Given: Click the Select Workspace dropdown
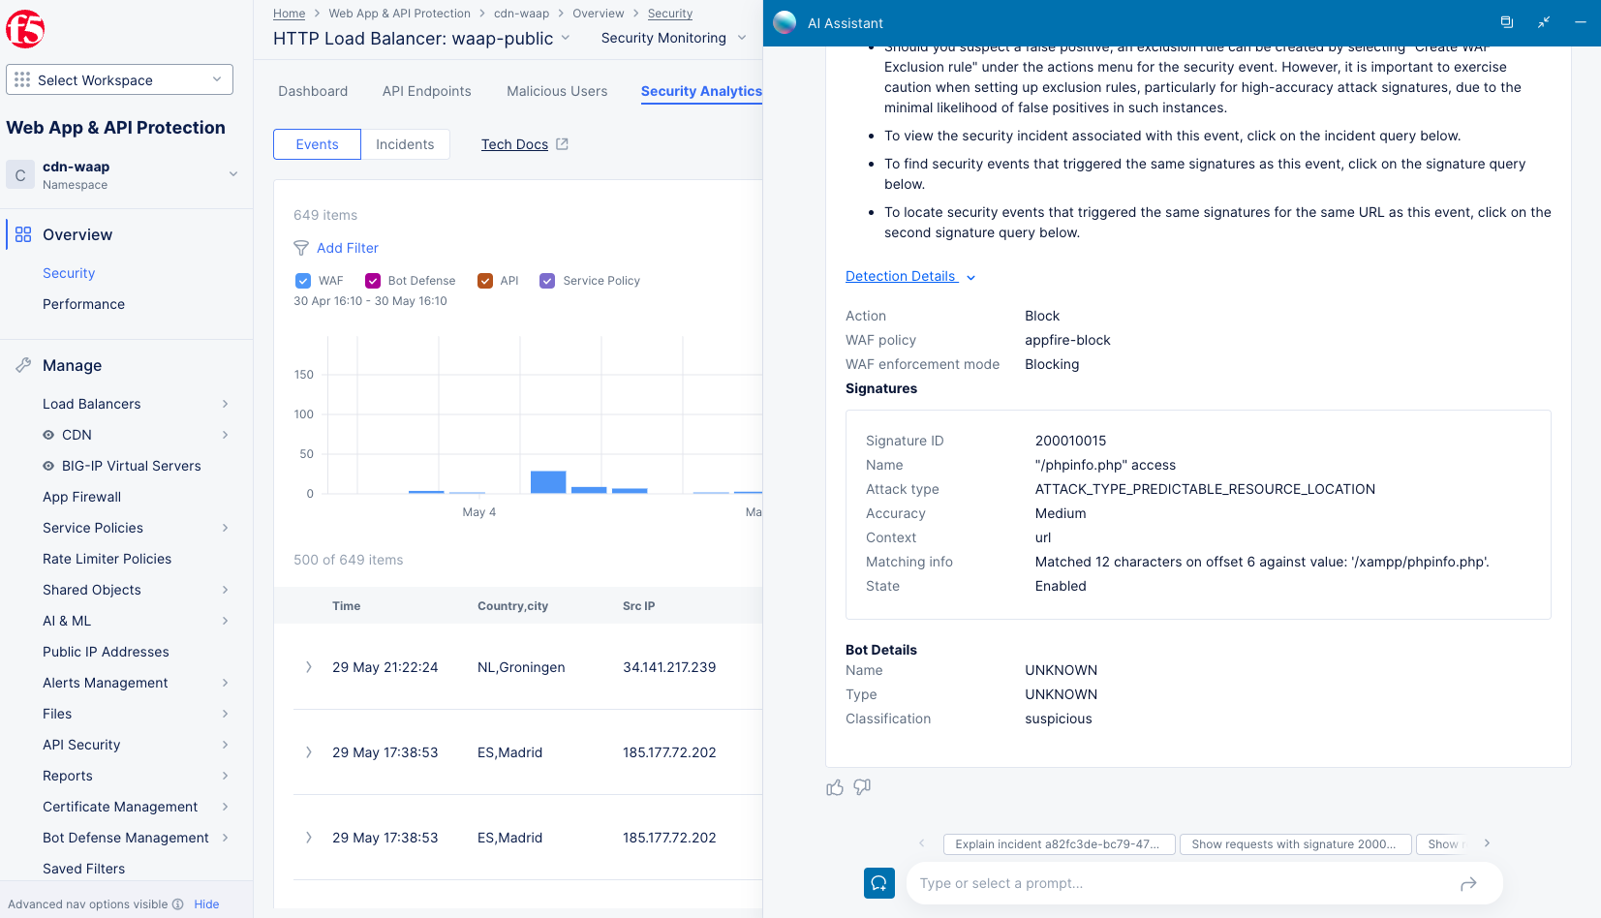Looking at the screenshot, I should (x=119, y=79).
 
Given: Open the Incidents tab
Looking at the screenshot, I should (x=405, y=144).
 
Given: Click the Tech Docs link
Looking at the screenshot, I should (x=514, y=144).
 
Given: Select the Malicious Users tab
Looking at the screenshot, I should (x=557, y=91).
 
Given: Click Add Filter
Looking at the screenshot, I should (x=347, y=248).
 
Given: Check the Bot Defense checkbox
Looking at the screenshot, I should (x=373, y=281).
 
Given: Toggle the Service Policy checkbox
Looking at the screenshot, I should (x=547, y=281).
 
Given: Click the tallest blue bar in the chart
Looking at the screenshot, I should (x=548, y=482).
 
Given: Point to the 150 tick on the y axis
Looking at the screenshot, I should (x=304, y=375).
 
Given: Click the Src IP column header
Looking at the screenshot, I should (x=638, y=606).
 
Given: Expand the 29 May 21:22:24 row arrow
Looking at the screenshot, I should (x=309, y=667).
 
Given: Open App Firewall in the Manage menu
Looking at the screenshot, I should (x=82, y=497).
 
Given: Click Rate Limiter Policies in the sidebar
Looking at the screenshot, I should (x=107, y=559).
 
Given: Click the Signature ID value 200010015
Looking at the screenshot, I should (x=1070, y=441).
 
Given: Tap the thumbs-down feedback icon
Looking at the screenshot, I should (x=862, y=787).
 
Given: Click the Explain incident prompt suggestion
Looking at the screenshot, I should (x=1059, y=844).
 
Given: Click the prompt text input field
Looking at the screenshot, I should (x=1182, y=883).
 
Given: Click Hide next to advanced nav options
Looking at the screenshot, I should (x=206, y=904).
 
